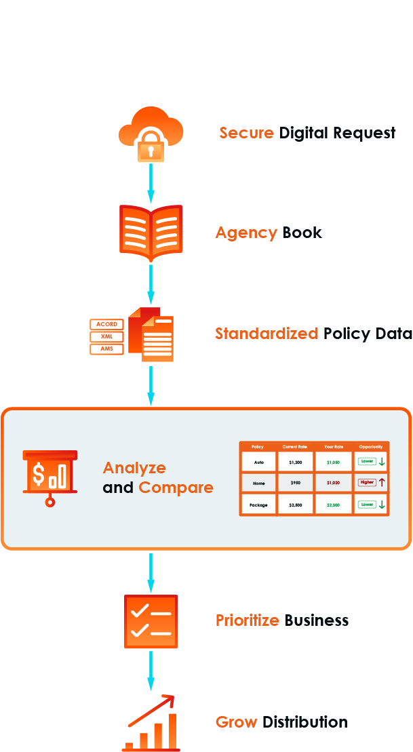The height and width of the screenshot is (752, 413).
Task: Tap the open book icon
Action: coord(151,233)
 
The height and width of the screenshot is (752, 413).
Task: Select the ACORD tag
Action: coord(106,324)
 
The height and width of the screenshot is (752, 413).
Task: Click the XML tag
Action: coord(106,337)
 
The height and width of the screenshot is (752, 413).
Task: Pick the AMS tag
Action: coord(106,349)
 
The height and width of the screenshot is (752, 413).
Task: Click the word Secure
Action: coord(247,132)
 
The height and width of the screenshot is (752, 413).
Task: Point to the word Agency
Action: coord(246,233)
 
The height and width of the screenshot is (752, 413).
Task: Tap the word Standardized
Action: coord(267,334)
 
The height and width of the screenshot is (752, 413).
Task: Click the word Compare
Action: coord(176,488)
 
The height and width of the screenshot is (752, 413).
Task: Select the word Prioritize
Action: coord(248,620)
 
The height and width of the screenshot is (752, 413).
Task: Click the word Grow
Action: coord(237,721)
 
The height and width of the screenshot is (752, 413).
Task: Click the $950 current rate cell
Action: coord(295,483)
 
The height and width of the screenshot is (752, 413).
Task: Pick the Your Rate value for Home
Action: coord(333,483)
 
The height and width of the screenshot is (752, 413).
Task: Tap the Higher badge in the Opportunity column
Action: coord(367,483)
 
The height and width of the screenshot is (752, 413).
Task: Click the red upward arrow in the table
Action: coord(382,483)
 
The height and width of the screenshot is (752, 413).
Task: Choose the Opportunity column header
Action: coord(371,447)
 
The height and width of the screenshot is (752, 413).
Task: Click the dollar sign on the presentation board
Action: coord(39,474)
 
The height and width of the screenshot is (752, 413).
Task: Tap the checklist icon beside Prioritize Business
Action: coord(151,622)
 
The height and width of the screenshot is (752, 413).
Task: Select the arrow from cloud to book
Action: coord(151,182)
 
